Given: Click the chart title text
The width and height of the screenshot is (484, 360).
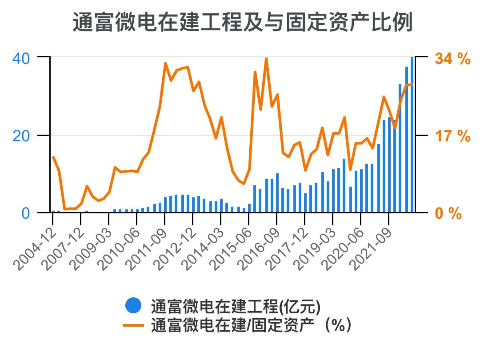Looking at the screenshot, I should click(x=242, y=22).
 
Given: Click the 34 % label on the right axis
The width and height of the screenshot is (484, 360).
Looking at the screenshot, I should click(x=452, y=58).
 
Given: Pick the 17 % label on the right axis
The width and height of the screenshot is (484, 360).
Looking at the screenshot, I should click(x=452, y=136).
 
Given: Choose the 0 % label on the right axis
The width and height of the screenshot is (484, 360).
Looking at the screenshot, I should click(x=448, y=213).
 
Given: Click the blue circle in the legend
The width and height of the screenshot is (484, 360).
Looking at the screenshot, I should click(x=133, y=305).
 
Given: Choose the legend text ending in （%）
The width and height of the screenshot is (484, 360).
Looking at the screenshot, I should click(x=252, y=326).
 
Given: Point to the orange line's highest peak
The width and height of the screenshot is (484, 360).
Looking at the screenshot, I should click(x=266, y=59).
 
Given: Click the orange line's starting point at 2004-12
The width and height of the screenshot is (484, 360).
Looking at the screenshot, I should click(x=53, y=157).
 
